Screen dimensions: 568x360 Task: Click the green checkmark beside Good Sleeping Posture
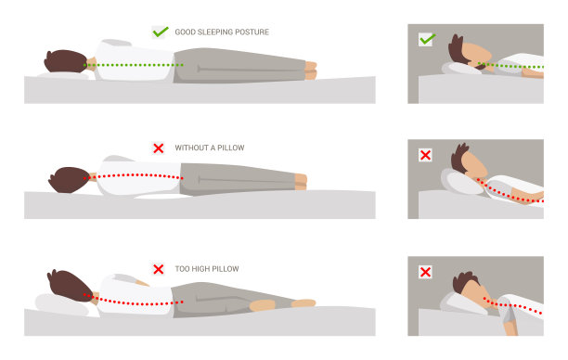(161, 32)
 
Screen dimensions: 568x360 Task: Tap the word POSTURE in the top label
(252, 32)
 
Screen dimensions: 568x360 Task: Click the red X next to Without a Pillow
(159, 148)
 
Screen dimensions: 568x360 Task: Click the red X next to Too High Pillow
(159, 269)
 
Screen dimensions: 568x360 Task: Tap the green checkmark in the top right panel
(428, 39)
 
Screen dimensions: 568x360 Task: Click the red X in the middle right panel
(425, 155)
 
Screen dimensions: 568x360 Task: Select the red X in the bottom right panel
(425, 272)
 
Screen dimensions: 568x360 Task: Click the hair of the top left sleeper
(65, 61)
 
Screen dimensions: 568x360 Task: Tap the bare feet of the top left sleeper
(311, 71)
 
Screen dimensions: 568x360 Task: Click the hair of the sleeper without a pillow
(69, 180)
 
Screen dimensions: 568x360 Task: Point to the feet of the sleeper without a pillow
(301, 182)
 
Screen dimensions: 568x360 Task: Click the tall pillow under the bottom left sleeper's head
(61, 304)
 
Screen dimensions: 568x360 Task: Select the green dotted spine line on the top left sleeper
(134, 65)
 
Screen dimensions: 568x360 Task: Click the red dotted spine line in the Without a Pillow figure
(134, 175)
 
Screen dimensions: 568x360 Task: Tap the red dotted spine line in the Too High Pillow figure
(134, 302)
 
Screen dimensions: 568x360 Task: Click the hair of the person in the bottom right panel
(464, 281)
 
